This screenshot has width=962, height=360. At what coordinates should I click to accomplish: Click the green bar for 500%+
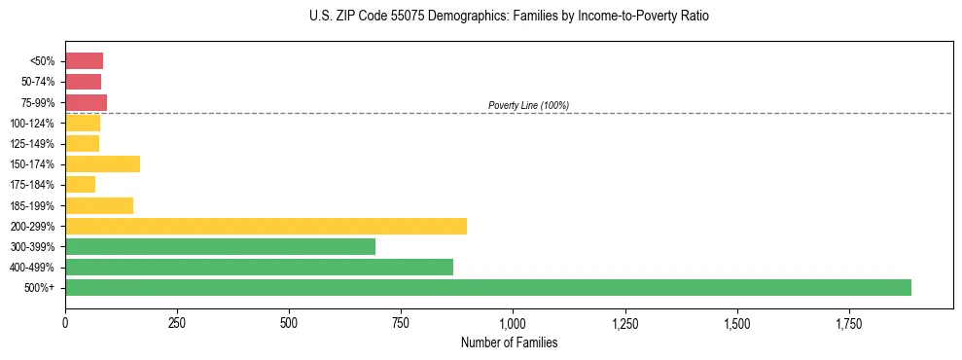487,287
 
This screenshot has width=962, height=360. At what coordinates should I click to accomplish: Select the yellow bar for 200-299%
266,226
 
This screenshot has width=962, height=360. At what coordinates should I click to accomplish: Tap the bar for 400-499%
259,267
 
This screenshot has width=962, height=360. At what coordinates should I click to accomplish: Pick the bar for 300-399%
220,246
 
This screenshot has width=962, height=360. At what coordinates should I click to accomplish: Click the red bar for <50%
84,61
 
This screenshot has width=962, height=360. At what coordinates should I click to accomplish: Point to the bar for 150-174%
102,163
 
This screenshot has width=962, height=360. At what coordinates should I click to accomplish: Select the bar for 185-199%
99,205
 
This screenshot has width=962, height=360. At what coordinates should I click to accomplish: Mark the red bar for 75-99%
86,102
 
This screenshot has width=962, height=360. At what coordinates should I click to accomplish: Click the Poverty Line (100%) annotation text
528,105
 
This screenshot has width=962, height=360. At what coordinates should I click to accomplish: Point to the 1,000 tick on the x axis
513,323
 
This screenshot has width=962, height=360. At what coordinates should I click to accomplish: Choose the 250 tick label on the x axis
177,323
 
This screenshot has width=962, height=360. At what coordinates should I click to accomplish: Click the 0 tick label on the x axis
65,323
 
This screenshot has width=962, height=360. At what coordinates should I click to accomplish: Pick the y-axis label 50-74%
40,82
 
